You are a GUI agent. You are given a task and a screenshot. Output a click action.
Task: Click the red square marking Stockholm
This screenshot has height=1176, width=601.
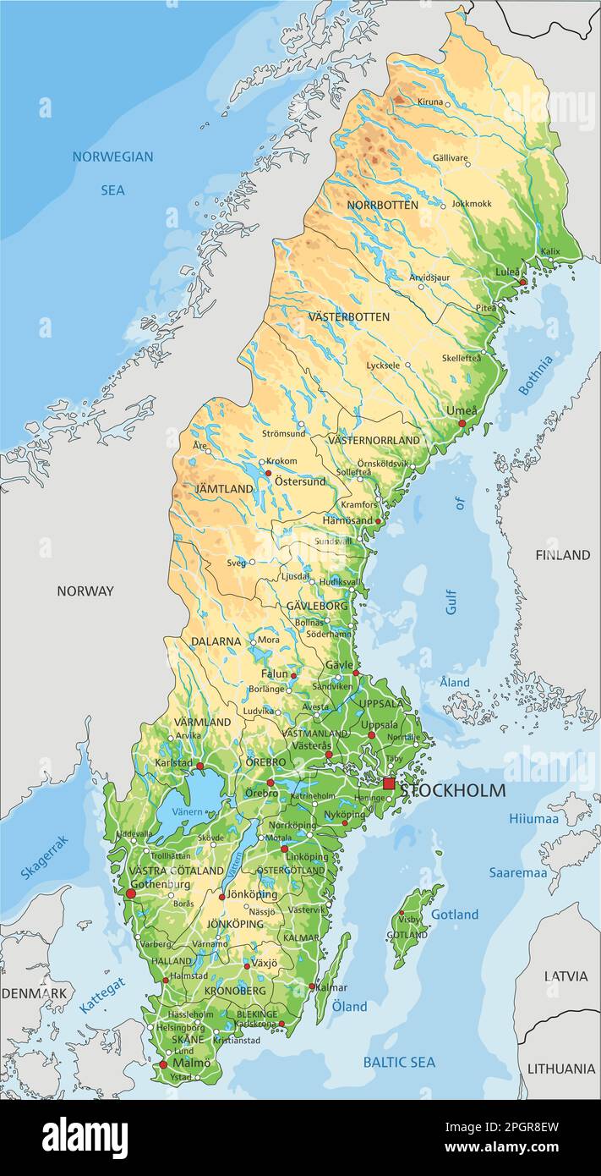[x=389, y=783]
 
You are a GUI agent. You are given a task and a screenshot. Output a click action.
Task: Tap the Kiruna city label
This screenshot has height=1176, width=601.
[x=429, y=102]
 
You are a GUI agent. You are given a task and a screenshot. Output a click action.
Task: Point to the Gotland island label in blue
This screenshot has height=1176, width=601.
[x=455, y=915]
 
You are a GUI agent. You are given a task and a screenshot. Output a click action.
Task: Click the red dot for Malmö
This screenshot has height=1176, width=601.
[x=163, y=1064]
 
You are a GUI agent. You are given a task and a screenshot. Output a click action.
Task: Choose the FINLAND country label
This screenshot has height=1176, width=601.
[x=562, y=555]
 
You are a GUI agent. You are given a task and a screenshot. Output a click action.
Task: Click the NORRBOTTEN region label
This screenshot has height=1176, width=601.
[x=382, y=205]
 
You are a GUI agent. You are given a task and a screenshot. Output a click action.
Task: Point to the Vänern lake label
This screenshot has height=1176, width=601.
[x=188, y=812]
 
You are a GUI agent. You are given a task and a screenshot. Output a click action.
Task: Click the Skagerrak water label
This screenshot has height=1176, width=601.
[x=44, y=857]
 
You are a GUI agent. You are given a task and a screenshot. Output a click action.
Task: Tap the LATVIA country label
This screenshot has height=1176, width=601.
[x=565, y=975]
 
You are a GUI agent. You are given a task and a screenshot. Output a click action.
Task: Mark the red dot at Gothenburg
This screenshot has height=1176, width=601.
[x=130, y=893]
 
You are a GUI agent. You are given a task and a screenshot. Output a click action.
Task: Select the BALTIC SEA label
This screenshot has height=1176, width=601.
[x=399, y=1062]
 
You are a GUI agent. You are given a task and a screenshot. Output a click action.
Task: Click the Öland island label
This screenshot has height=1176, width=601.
[x=349, y=1006]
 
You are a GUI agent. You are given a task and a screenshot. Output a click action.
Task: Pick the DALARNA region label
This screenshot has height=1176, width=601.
[x=216, y=641]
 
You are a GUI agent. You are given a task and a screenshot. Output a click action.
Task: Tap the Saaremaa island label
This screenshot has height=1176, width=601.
[x=517, y=872]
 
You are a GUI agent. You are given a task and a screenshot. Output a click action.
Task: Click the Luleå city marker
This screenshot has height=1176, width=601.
[x=522, y=282]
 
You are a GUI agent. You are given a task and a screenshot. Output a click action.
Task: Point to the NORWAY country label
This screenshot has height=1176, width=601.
[x=85, y=591]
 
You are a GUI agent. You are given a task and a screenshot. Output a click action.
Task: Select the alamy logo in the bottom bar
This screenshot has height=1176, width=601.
[x=85, y=1138]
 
